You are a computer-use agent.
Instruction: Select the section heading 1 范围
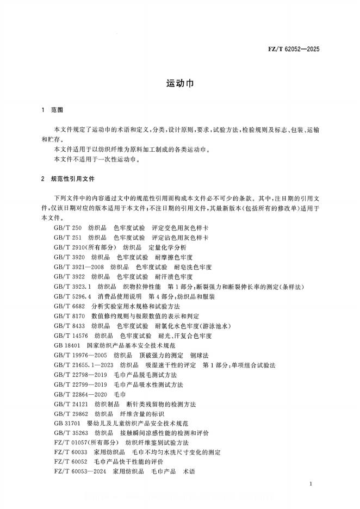pos(53,110)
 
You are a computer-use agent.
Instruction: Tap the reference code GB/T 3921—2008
pos(79,267)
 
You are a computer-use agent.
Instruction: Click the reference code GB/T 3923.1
pos(72,286)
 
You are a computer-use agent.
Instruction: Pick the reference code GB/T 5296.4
pos(72,296)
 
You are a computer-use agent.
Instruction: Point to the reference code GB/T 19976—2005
pos(80,355)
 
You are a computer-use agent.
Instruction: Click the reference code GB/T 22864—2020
pos(80,394)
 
